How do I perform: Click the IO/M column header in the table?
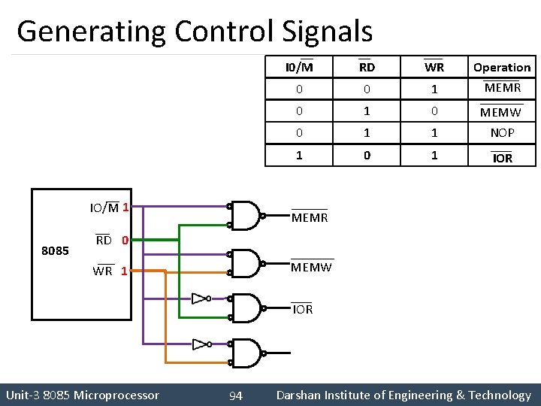click(299, 68)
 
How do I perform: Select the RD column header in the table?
click(367, 68)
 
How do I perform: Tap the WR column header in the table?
click(434, 68)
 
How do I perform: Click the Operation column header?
click(501, 68)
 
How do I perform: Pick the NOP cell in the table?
click(501, 133)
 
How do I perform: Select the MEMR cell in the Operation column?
click(501, 88)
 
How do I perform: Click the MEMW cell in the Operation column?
click(501, 112)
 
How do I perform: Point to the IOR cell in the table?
click(502, 158)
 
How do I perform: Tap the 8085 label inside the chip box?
click(55, 250)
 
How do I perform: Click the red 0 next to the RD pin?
click(125, 241)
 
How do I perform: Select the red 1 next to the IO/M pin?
click(125, 207)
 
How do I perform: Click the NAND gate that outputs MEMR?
click(246, 216)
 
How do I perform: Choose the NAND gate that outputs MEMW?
click(246, 262)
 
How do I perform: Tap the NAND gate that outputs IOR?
click(246, 307)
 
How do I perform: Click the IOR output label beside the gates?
click(302, 309)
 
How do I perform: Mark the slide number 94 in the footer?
click(235, 395)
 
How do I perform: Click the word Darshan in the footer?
click(304, 395)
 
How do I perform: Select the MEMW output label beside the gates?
click(311, 267)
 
